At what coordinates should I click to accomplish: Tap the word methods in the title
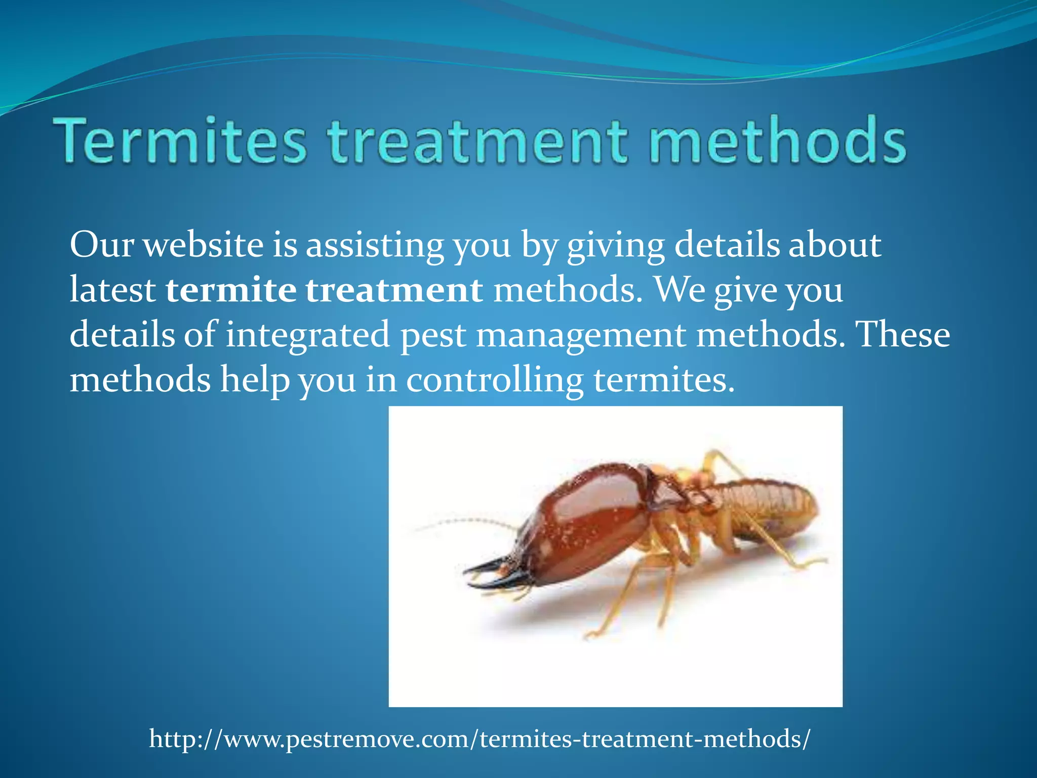tap(777, 140)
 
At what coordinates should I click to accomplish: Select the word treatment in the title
tap(477, 140)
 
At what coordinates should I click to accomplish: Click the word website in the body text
tap(203, 245)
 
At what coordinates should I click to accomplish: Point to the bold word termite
tap(231, 290)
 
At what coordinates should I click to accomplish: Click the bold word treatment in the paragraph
tap(394, 290)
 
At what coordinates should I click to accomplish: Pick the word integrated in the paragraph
tap(307, 335)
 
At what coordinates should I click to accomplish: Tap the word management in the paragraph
tap(581, 335)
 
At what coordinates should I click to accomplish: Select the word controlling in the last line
tap(495, 380)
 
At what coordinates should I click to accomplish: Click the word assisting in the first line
tap(374, 245)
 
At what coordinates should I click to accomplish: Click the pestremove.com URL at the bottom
tap(479, 739)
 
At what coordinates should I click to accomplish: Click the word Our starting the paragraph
tap(101, 245)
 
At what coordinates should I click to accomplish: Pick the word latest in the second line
tap(112, 290)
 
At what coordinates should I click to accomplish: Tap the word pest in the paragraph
tap(433, 335)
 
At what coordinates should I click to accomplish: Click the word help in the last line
tap(254, 380)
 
